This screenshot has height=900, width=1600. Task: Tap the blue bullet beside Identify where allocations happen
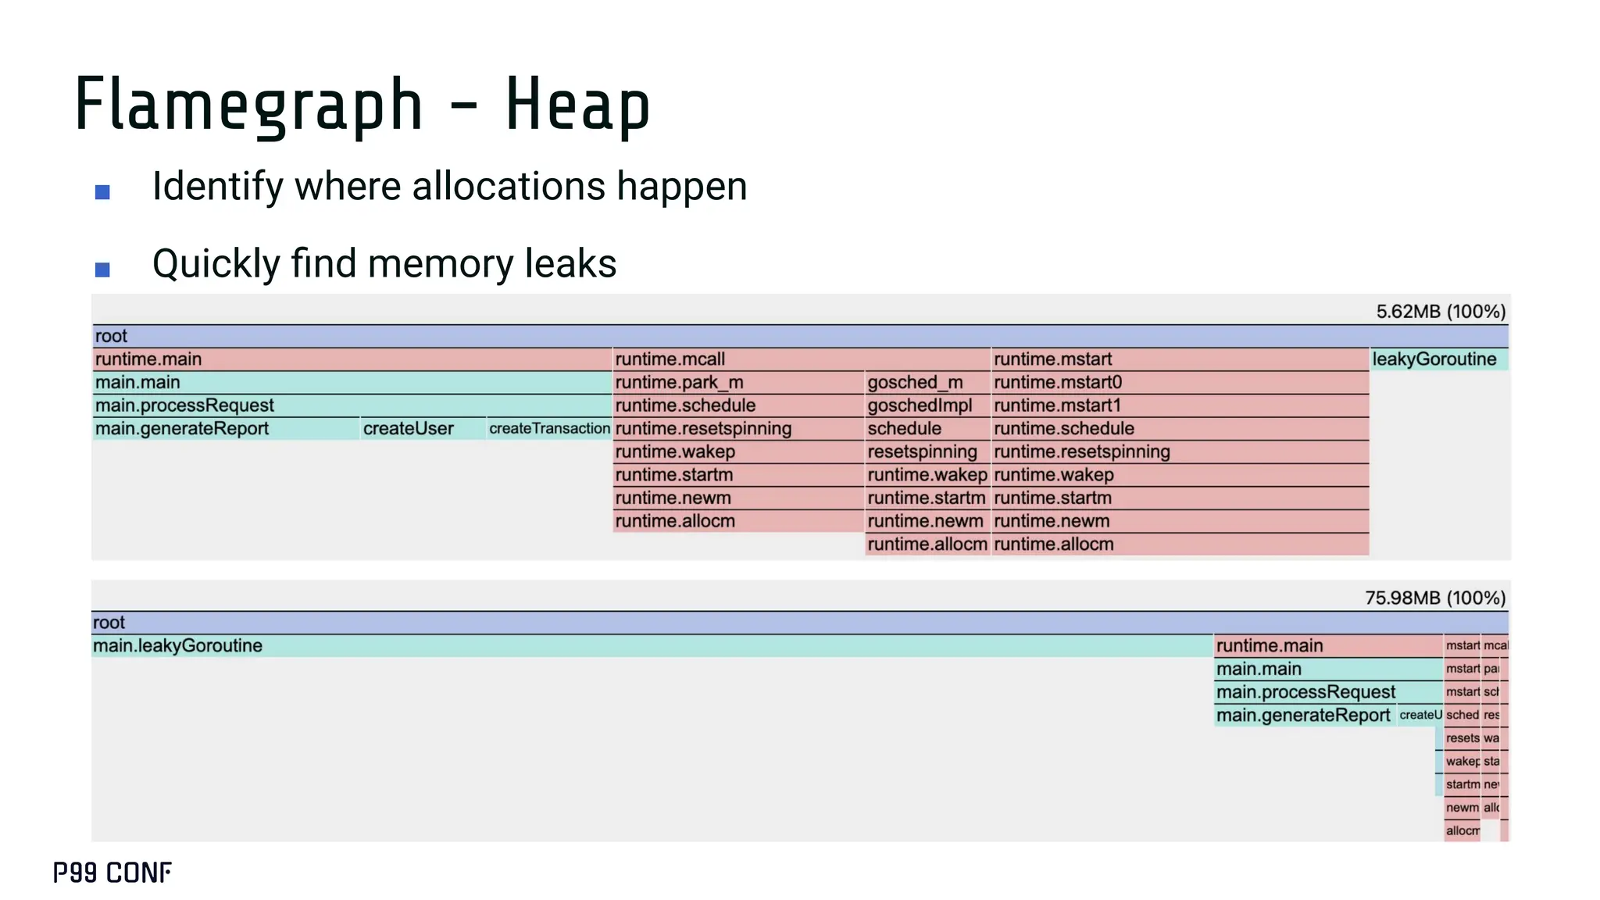pyautogui.click(x=102, y=192)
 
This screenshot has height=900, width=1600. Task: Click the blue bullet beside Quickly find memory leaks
pyautogui.click(x=102, y=270)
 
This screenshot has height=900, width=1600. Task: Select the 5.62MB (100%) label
pyautogui.click(x=1440, y=312)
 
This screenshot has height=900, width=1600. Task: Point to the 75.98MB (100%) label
pyautogui.click(x=1434, y=598)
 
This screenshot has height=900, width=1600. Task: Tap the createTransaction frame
pyautogui.click(x=549, y=429)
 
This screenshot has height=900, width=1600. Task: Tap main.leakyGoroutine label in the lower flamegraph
pyautogui.click(x=178, y=646)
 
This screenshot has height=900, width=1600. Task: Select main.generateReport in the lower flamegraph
pyautogui.click(x=1304, y=716)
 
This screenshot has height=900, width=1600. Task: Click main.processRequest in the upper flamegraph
pyautogui.click(x=185, y=405)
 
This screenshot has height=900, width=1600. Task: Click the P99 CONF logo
pyautogui.click(x=112, y=873)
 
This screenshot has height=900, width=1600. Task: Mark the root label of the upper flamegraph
pyautogui.click(x=111, y=337)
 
